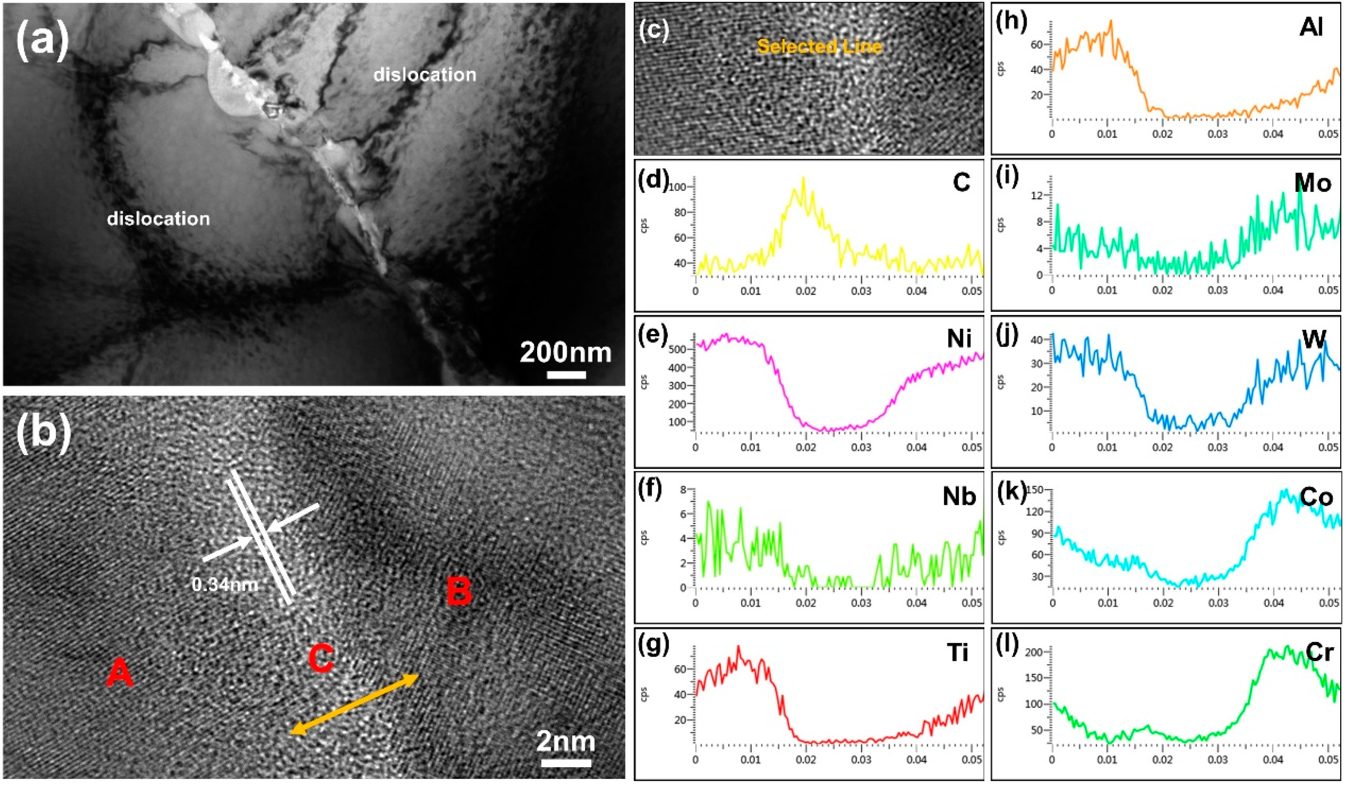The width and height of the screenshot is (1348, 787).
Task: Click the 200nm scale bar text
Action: pyautogui.click(x=566, y=353)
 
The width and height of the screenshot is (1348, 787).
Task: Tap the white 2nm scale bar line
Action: pyautogui.click(x=566, y=763)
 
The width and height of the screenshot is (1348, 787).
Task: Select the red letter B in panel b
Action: pyautogui.click(x=459, y=592)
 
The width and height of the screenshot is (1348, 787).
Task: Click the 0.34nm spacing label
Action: pyautogui.click(x=225, y=585)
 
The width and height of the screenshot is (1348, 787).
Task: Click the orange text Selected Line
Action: pyautogui.click(x=819, y=47)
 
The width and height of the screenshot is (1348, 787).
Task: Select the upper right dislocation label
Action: pyautogui.click(x=425, y=75)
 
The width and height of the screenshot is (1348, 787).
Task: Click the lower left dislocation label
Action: pyautogui.click(x=159, y=219)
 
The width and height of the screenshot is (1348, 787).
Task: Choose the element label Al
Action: pyautogui.click(x=1311, y=28)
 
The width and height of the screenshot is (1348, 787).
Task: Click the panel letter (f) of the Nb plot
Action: pyautogui.click(x=653, y=489)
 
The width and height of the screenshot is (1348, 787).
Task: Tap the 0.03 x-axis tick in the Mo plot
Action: pyautogui.click(x=1218, y=291)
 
